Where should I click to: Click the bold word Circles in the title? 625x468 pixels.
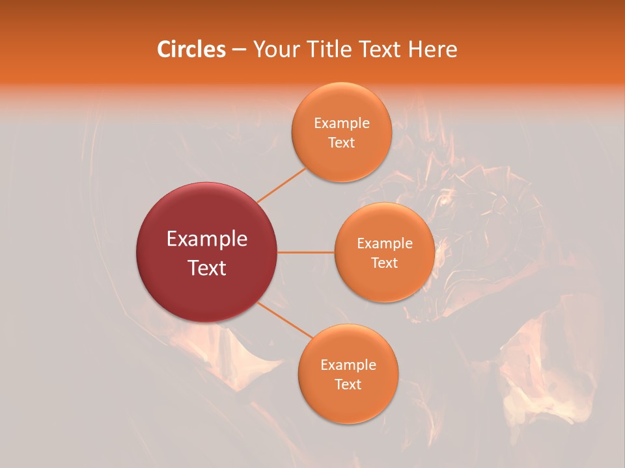tap(191, 49)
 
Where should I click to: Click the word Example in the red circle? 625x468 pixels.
tap(207, 239)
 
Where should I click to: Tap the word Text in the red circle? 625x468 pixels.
tap(207, 268)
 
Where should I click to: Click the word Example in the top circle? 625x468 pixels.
tap(342, 123)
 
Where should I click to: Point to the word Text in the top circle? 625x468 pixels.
tap(342, 143)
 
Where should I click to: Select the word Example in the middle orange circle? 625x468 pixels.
tap(385, 244)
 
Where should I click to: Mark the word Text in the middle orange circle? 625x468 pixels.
tap(385, 263)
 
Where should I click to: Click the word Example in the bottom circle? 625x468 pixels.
tap(348, 365)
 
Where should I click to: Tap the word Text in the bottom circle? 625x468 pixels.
tap(348, 385)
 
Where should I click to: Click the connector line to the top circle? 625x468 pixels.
tap(282, 185)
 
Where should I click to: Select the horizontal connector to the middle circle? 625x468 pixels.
tap(306, 252)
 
